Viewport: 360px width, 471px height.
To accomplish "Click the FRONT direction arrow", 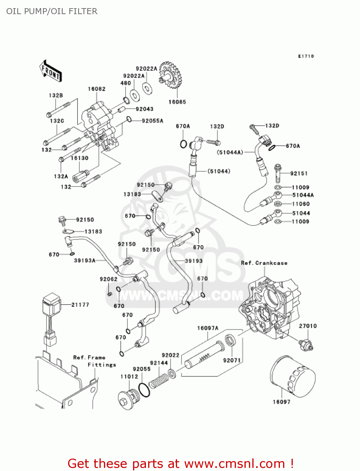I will point(50,71).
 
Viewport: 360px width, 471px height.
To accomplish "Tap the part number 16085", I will point(177,102).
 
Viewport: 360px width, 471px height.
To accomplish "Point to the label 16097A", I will point(207,328).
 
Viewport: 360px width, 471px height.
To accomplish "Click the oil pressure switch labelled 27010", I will point(306,344).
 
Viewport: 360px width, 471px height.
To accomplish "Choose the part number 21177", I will point(80,305).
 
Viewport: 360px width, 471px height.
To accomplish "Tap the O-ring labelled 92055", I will point(144,390).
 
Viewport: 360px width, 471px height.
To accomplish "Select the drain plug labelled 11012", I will point(128,399).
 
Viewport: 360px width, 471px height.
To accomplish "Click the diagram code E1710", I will point(306,56).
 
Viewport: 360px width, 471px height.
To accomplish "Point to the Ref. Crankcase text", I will point(264,263).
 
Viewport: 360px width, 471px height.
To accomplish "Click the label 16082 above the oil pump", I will point(96,89).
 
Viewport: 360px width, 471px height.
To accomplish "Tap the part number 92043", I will point(144,109).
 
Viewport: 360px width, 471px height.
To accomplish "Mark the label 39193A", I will point(84,260).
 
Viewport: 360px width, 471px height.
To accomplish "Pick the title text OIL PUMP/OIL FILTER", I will point(52,11).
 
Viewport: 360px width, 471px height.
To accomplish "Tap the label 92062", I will point(108,279).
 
